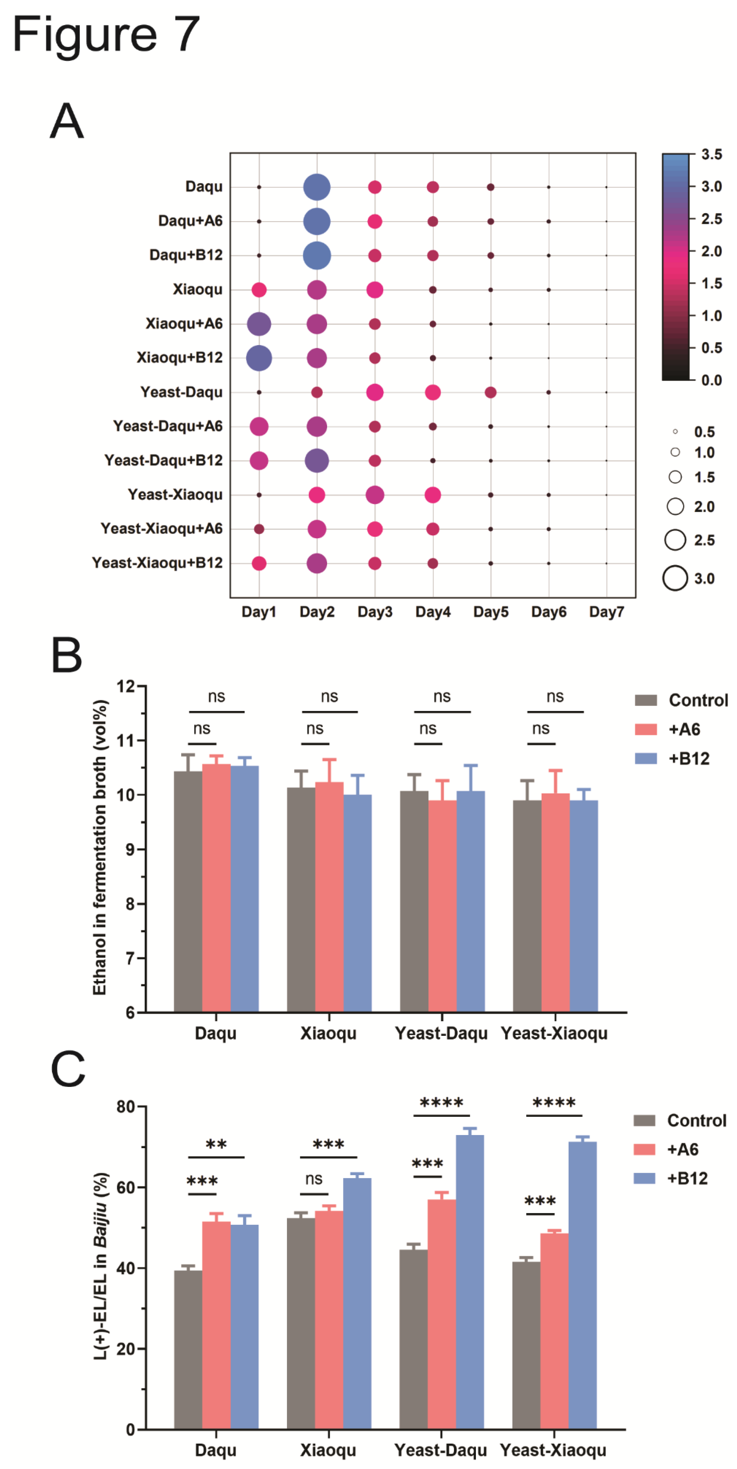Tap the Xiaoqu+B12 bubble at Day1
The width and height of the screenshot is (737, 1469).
click(x=259, y=358)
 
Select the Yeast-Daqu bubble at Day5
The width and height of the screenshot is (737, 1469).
click(x=490, y=392)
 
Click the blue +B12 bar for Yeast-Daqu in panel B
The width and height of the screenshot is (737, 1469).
click(x=470, y=901)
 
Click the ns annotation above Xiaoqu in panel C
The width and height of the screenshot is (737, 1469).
click(x=313, y=1179)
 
